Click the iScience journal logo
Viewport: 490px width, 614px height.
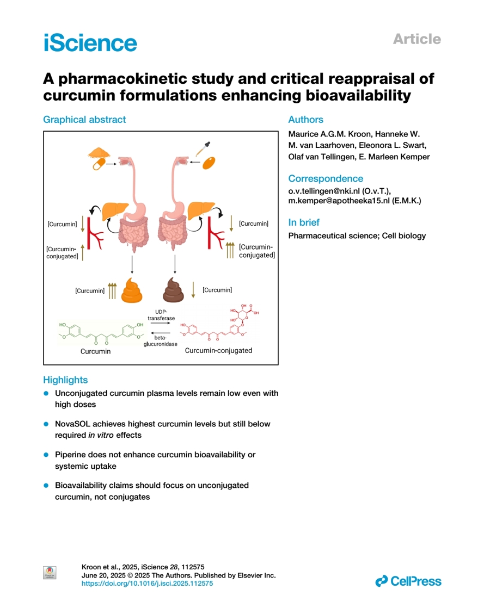coord(90,42)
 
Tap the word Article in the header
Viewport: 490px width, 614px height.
coord(416,39)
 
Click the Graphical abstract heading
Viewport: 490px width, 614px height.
coord(84,120)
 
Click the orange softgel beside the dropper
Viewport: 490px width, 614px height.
coord(209,163)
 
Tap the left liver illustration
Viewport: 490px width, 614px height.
coord(114,209)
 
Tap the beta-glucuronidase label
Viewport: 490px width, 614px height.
coord(156,341)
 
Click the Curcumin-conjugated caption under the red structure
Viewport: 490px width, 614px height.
coord(218,351)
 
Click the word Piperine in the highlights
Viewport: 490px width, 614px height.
coord(71,454)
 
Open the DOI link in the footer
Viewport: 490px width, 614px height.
coord(147,583)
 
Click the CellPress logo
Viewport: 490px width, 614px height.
coord(408,581)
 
